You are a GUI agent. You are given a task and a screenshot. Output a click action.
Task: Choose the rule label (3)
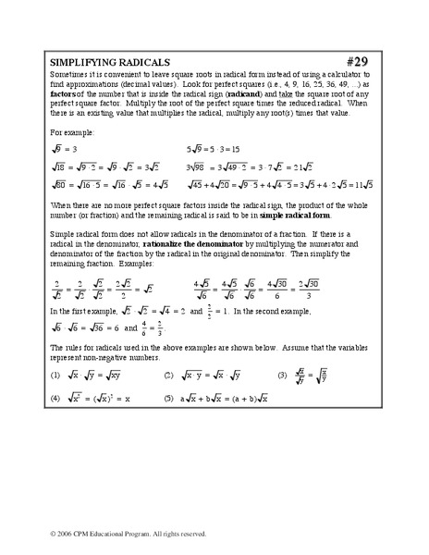pos(284,376)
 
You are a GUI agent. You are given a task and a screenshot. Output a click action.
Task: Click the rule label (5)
pos(168,398)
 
